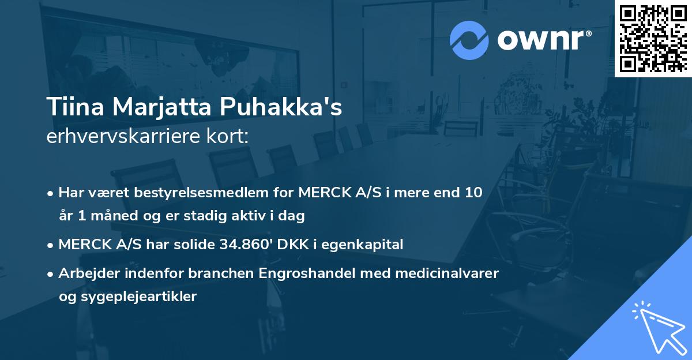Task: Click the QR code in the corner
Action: (653, 38)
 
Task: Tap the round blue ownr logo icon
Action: (469, 40)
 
